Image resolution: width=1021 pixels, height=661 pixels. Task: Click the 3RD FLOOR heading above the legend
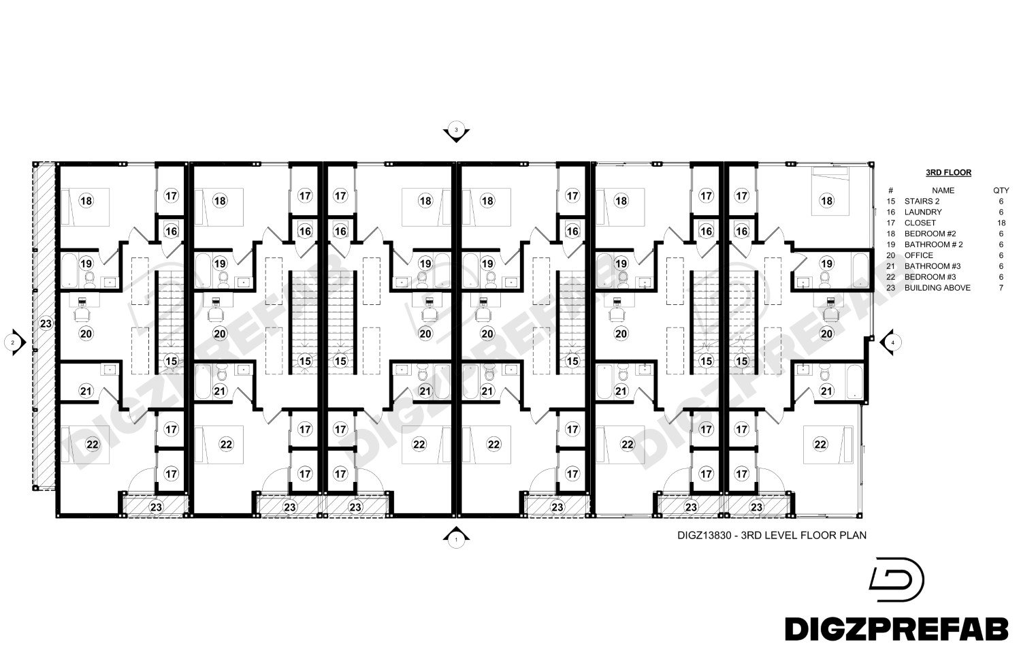point(948,173)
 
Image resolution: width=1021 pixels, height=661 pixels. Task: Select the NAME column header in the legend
point(943,191)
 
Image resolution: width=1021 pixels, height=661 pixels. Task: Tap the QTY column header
point(1001,191)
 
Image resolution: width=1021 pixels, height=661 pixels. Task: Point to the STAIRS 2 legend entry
point(922,201)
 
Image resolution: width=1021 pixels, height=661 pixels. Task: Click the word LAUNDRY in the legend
point(923,212)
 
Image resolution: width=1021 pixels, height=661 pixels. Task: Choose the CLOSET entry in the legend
point(920,223)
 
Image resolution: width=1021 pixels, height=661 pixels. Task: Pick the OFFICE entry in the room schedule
point(918,255)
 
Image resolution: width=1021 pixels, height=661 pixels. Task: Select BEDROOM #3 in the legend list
point(930,277)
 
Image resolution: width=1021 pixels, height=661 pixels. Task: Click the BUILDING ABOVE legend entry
point(937,288)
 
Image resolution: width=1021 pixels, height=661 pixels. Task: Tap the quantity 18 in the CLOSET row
point(1001,223)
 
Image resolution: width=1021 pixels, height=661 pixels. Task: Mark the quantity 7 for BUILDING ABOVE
point(1001,288)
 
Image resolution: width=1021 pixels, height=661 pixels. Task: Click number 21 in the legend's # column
point(890,266)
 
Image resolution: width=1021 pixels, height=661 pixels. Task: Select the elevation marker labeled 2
point(14,342)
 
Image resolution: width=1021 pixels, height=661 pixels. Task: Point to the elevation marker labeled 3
point(456,132)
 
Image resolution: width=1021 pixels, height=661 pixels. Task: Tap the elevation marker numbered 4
point(891,342)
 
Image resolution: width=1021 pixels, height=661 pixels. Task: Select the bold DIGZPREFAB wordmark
point(896,629)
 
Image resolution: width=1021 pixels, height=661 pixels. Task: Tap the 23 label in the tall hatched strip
point(46,323)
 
